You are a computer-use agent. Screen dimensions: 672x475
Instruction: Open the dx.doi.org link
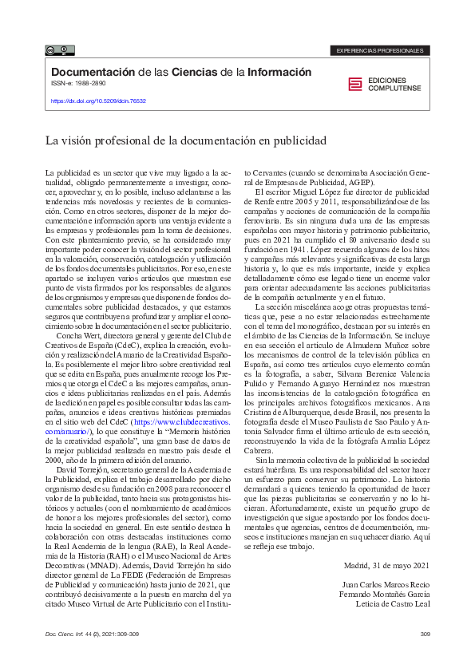click(x=98, y=101)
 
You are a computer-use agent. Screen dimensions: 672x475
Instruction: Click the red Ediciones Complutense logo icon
click(x=354, y=85)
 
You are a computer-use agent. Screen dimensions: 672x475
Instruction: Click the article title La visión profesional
click(x=185, y=140)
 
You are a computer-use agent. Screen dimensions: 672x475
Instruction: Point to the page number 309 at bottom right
click(x=424, y=634)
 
